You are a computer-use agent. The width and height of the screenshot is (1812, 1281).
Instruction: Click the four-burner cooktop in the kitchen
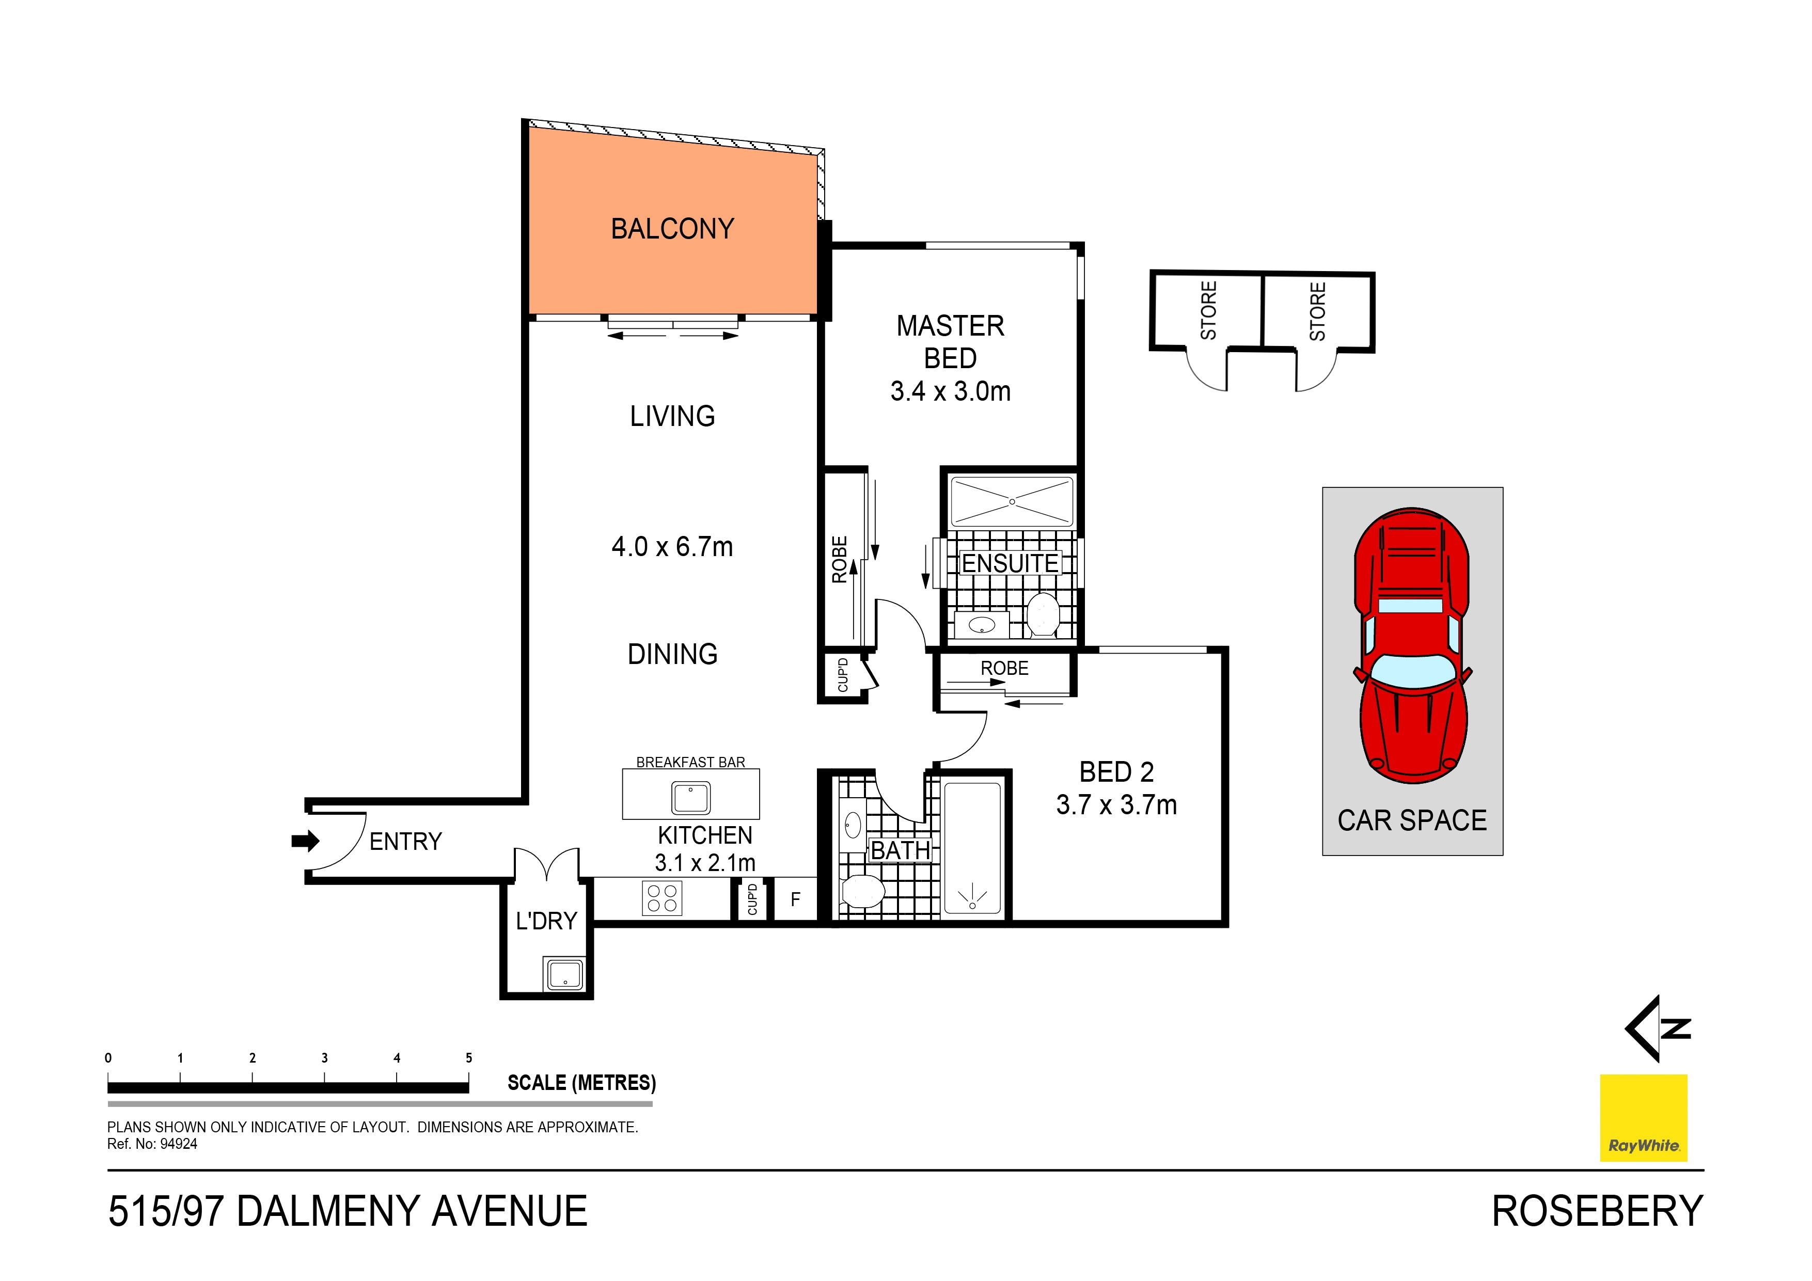point(661,898)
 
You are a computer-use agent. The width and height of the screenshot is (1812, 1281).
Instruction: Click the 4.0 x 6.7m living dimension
point(672,546)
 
